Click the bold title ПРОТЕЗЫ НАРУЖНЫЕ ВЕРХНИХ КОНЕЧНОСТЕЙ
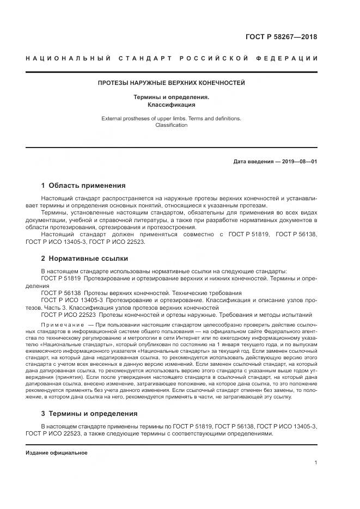coord(171,83)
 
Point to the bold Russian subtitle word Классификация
coord(171,104)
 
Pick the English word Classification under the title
coord(171,125)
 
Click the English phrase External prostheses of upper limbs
coord(143,118)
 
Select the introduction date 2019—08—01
coord(298,162)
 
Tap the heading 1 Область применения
coord(83,185)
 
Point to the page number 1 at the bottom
coord(315,463)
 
